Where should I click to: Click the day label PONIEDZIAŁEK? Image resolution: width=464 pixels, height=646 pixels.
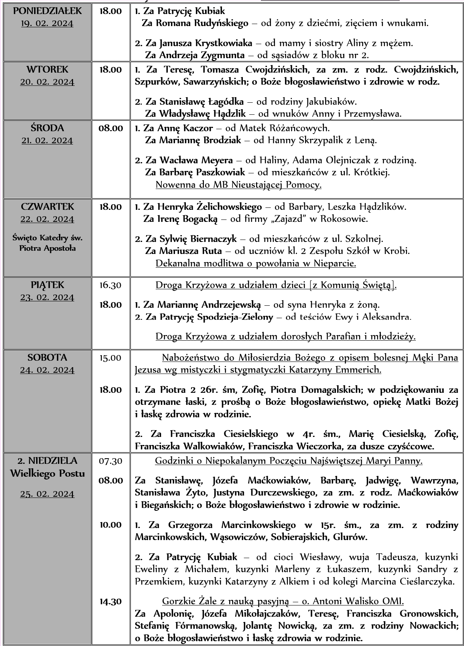(47, 11)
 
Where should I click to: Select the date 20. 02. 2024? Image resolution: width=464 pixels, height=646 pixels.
(47, 82)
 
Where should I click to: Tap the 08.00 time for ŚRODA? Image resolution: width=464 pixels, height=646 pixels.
(111, 128)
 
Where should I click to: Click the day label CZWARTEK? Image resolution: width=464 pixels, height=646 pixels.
(47, 207)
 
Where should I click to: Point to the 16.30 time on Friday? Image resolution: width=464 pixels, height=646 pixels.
(111, 285)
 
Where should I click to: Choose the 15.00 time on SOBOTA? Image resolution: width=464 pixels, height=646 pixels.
(111, 358)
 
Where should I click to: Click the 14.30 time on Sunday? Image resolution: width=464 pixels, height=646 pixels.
(111, 601)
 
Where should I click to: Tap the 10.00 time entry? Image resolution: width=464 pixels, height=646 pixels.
(111, 525)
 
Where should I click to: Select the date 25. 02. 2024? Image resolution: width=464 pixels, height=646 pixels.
(47, 494)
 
